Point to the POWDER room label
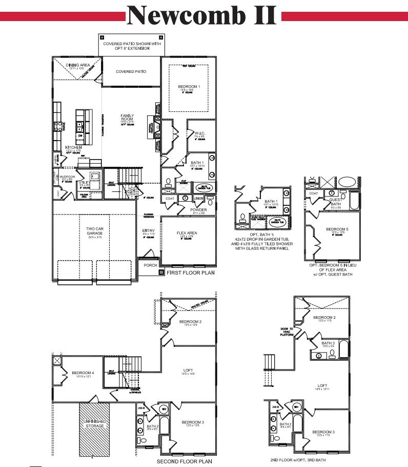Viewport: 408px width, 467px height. coord(199,209)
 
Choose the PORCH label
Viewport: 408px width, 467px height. coord(150,265)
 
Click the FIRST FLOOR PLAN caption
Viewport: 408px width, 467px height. coord(190,274)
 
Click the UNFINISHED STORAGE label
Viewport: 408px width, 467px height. coord(94,423)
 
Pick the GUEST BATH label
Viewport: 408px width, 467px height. coord(335,202)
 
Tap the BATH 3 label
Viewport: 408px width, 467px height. coord(328,343)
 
